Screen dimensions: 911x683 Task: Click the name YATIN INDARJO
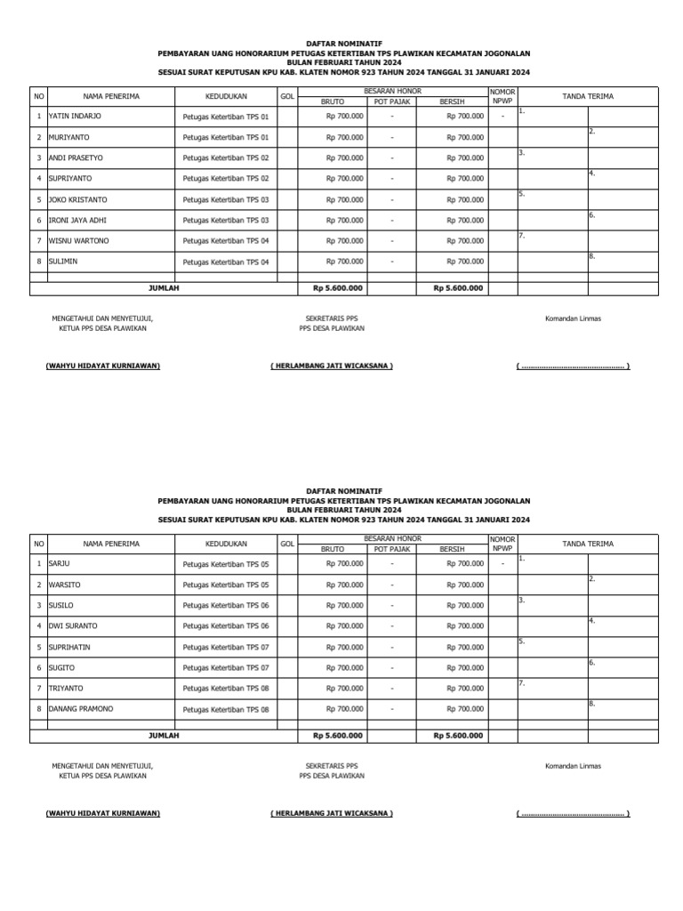tap(75, 117)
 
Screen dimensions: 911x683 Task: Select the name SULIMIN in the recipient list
tap(63, 262)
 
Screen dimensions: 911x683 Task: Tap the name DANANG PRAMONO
tap(81, 709)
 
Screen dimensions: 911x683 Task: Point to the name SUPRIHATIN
tap(70, 647)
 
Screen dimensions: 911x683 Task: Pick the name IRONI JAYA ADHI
tap(77, 220)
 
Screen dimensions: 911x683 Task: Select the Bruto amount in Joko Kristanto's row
tap(344, 199)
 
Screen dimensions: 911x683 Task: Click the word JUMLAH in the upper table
tap(164, 288)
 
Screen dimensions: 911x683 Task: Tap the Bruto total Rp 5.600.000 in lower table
tap(337, 736)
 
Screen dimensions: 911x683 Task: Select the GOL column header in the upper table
tap(287, 95)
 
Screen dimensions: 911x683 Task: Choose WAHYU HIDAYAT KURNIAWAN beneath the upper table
tap(102, 367)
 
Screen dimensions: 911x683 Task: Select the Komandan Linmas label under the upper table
tap(573, 318)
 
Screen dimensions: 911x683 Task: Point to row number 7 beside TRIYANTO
tap(39, 689)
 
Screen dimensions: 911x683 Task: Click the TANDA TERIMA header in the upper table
tap(587, 96)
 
